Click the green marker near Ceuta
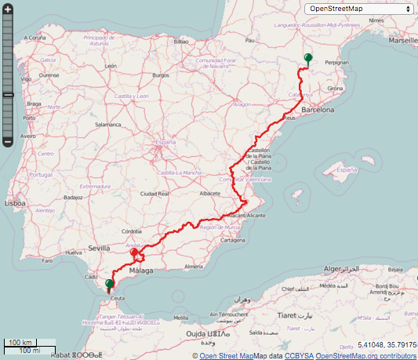click(109, 284)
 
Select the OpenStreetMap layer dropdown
click(359, 9)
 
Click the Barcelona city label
click(318, 111)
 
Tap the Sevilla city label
click(100, 248)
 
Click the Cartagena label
click(234, 241)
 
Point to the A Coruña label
click(35, 37)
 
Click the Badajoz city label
click(75, 198)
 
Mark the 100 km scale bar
click(22, 343)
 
